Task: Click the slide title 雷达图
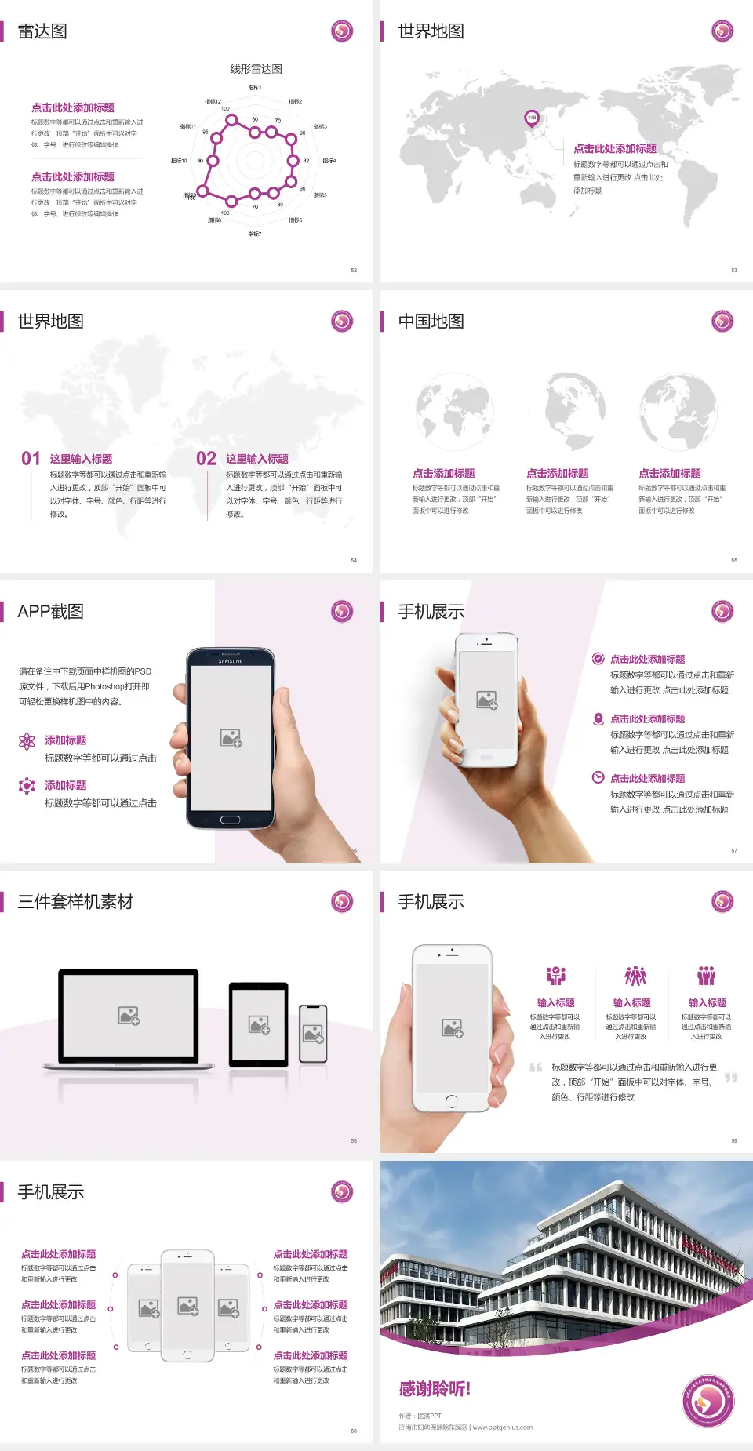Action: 42,31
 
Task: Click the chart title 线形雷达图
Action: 256,69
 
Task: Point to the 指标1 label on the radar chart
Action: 255,88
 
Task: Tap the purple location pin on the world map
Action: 532,118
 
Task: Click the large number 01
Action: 31,459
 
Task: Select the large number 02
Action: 206,459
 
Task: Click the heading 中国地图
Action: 431,322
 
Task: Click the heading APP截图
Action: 51,612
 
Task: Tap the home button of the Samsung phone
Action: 230,820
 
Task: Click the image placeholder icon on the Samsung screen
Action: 231,738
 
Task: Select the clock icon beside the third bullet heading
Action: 598,777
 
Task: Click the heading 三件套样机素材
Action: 75,902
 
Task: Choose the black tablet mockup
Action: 259,1024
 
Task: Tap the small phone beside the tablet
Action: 313,1034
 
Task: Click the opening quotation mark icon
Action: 536,1067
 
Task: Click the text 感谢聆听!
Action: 435,1389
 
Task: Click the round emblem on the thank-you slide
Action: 708,1402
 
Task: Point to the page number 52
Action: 354,271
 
